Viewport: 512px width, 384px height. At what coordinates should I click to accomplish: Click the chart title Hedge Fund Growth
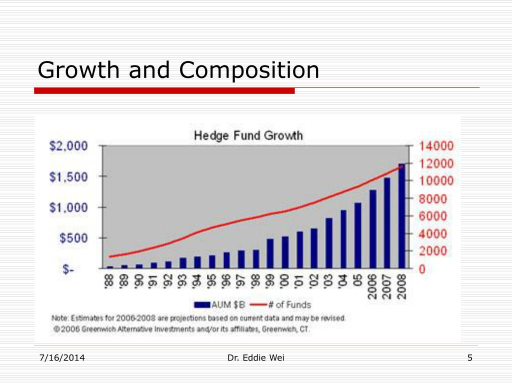click(x=248, y=135)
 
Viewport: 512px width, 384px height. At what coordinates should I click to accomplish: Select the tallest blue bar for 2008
click(x=401, y=216)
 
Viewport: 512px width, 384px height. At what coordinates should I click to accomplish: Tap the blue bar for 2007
click(x=387, y=223)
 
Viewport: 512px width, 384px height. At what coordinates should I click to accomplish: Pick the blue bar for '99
click(x=270, y=253)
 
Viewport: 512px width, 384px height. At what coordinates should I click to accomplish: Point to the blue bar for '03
click(x=329, y=243)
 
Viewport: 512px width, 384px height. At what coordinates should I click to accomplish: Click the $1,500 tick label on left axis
click(x=68, y=176)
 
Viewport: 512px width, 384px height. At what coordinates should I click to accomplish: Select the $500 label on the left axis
click(x=73, y=238)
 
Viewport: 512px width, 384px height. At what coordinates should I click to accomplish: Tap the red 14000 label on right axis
click(x=436, y=145)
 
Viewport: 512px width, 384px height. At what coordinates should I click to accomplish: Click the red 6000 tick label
click(x=432, y=216)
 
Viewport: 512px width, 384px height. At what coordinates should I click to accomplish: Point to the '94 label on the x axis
click(x=197, y=281)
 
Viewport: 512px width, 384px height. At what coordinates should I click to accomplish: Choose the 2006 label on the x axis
click(x=372, y=286)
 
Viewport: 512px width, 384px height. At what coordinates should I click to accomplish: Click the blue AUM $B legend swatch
click(x=202, y=304)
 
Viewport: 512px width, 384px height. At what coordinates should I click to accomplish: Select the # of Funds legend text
click(x=289, y=304)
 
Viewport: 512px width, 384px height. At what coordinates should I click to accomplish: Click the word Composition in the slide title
click(x=249, y=70)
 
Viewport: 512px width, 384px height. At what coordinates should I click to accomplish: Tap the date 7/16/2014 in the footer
click(x=62, y=358)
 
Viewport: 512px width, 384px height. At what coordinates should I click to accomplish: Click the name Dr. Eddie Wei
click(x=256, y=358)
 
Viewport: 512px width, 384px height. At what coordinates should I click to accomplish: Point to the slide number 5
click(x=470, y=358)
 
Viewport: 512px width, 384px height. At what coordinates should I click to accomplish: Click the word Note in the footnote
click(x=60, y=317)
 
